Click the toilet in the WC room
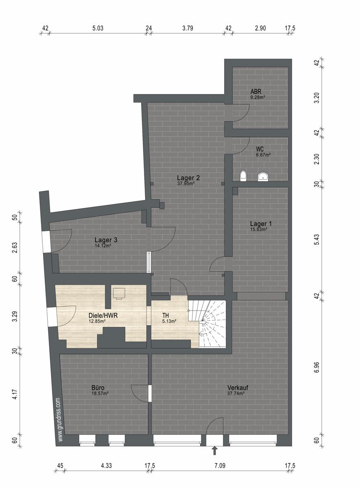pyautogui.click(x=243, y=176)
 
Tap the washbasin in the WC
pyautogui.click(x=264, y=177)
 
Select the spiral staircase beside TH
pyautogui.click(x=207, y=324)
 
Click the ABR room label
pyautogui.click(x=256, y=91)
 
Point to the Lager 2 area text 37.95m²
pyautogui.click(x=186, y=183)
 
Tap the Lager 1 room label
pyautogui.click(x=261, y=224)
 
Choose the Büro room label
pyautogui.click(x=98, y=388)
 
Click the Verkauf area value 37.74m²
pyautogui.click(x=236, y=393)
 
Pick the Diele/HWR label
pyautogui.click(x=103, y=316)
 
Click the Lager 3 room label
pyautogui.click(x=106, y=240)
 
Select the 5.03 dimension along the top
pyautogui.click(x=98, y=28)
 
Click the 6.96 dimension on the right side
pyautogui.click(x=317, y=368)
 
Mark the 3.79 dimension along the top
pyautogui.click(x=188, y=28)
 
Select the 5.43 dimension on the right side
pyautogui.click(x=317, y=240)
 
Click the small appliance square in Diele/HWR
pyautogui.click(x=119, y=293)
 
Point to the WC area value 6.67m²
pyautogui.click(x=264, y=155)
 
